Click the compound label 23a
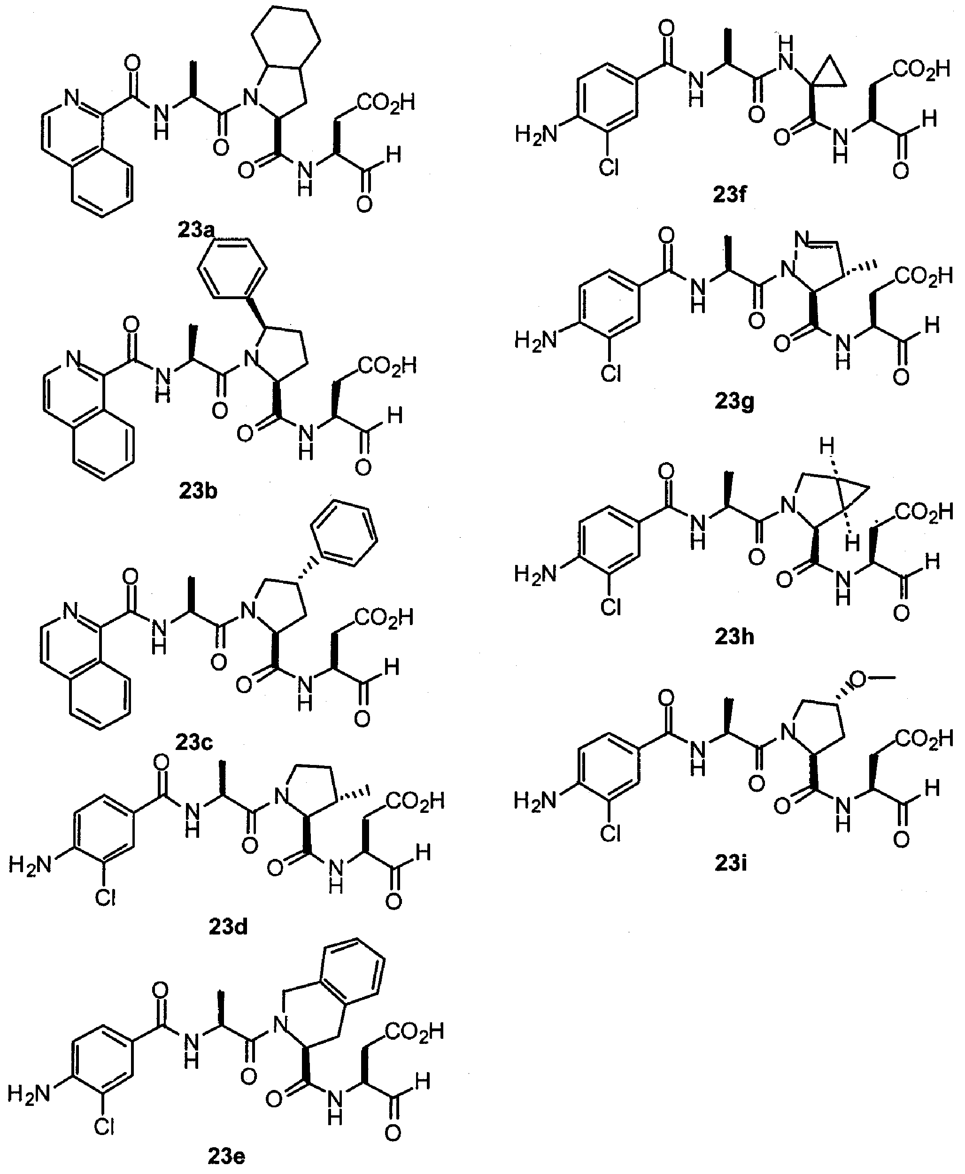[196, 230]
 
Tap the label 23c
[194, 742]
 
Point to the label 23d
[228, 927]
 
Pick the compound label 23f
[729, 194]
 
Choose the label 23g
[734, 401]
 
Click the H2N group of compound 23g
[536, 340]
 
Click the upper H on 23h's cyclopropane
[827, 445]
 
